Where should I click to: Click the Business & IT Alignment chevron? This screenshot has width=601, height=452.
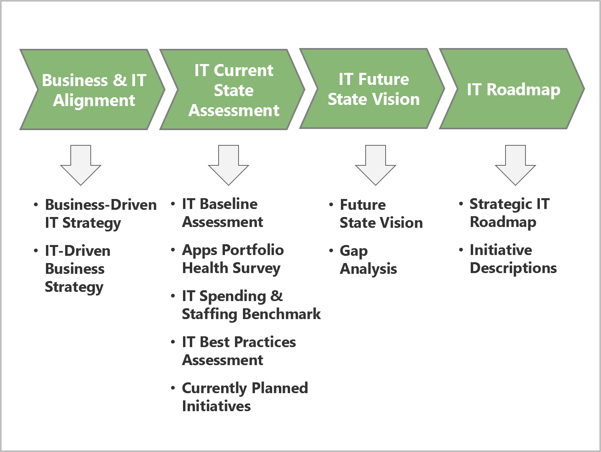coord(94,90)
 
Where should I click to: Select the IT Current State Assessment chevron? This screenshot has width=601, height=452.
coord(234,90)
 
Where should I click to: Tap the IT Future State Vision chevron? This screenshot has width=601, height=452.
coord(374,89)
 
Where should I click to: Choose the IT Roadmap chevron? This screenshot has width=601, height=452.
coord(513,89)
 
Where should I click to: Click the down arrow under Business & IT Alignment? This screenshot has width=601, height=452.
coord(81,165)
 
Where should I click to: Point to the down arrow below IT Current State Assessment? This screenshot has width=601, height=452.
coord(229,165)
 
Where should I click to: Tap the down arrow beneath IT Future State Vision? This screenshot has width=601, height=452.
coord(376,165)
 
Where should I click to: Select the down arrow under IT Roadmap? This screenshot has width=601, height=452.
coord(515,165)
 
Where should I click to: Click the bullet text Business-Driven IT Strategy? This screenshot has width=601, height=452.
coord(100,213)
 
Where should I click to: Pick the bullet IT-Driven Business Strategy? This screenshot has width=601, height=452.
coord(78,269)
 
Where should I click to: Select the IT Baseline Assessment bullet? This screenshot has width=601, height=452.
coord(223,213)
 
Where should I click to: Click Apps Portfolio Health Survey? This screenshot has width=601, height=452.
coord(233,259)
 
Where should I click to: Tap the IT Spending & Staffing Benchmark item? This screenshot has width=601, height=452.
coord(251,305)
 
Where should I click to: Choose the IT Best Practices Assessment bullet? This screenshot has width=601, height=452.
coord(239,351)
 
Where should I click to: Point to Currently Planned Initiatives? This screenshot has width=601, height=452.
coord(245,397)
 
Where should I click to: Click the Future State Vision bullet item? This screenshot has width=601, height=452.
coord(381,213)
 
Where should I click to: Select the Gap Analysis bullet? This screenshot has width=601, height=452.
coord(368,259)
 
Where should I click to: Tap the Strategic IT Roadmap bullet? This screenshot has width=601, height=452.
coord(509,213)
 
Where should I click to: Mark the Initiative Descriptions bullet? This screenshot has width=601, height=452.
coord(513,259)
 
